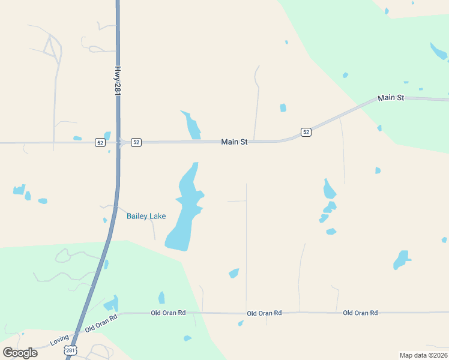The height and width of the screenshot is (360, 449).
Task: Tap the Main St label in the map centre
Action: tap(234, 142)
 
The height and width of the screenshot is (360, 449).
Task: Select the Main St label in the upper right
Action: tap(390, 98)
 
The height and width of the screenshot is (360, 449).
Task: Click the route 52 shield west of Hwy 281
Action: tap(100, 142)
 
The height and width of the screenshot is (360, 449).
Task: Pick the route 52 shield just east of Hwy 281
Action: tap(136, 142)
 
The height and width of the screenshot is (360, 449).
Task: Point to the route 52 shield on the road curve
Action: tap(306, 132)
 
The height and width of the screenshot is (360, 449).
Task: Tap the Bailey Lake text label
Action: tap(146, 216)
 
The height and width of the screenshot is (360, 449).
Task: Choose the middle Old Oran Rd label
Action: tap(264, 313)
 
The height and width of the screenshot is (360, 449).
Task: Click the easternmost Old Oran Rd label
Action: tap(360, 313)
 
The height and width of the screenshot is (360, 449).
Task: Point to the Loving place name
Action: tap(59, 340)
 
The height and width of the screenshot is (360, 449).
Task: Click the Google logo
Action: tap(20, 352)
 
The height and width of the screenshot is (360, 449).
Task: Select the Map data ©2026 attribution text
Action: tap(423, 355)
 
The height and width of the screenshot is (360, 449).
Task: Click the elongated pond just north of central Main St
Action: tap(193, 125)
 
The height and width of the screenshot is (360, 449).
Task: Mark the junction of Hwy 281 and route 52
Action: tap(118, 142)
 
